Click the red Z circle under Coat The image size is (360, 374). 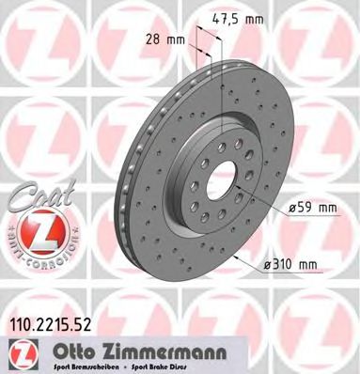[35, 229]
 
